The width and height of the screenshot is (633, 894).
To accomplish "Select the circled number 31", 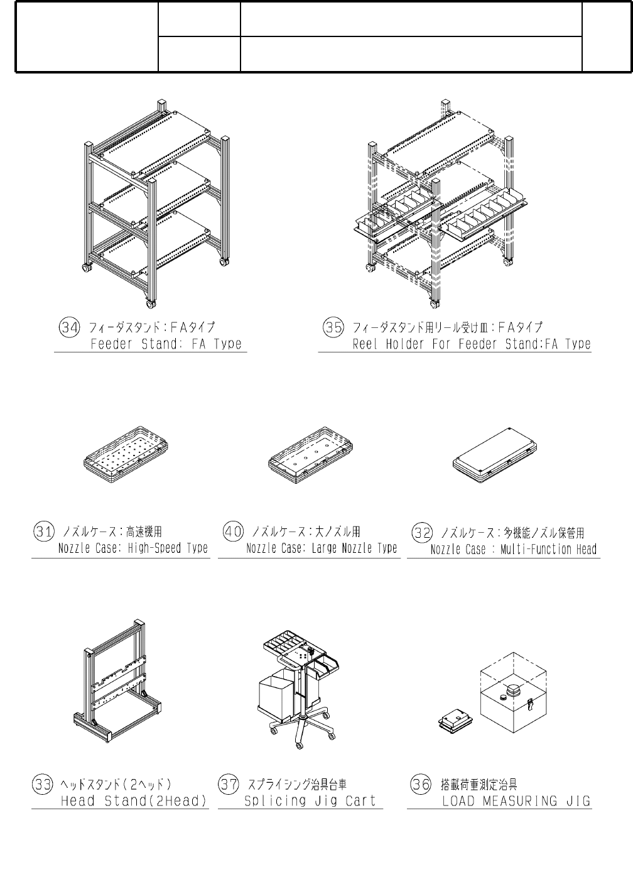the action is click(x=43, y=532).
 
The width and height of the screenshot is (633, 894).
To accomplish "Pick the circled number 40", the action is click(x=234, y=532).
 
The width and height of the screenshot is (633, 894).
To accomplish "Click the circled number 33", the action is click(x=43, y=784).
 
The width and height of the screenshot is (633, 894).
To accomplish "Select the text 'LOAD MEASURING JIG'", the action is click(x=516, y=801).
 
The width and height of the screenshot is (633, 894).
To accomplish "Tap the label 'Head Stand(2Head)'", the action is click(x=134, y=801).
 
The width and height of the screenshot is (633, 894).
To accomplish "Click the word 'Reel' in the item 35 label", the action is click(x=364, y=344).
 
